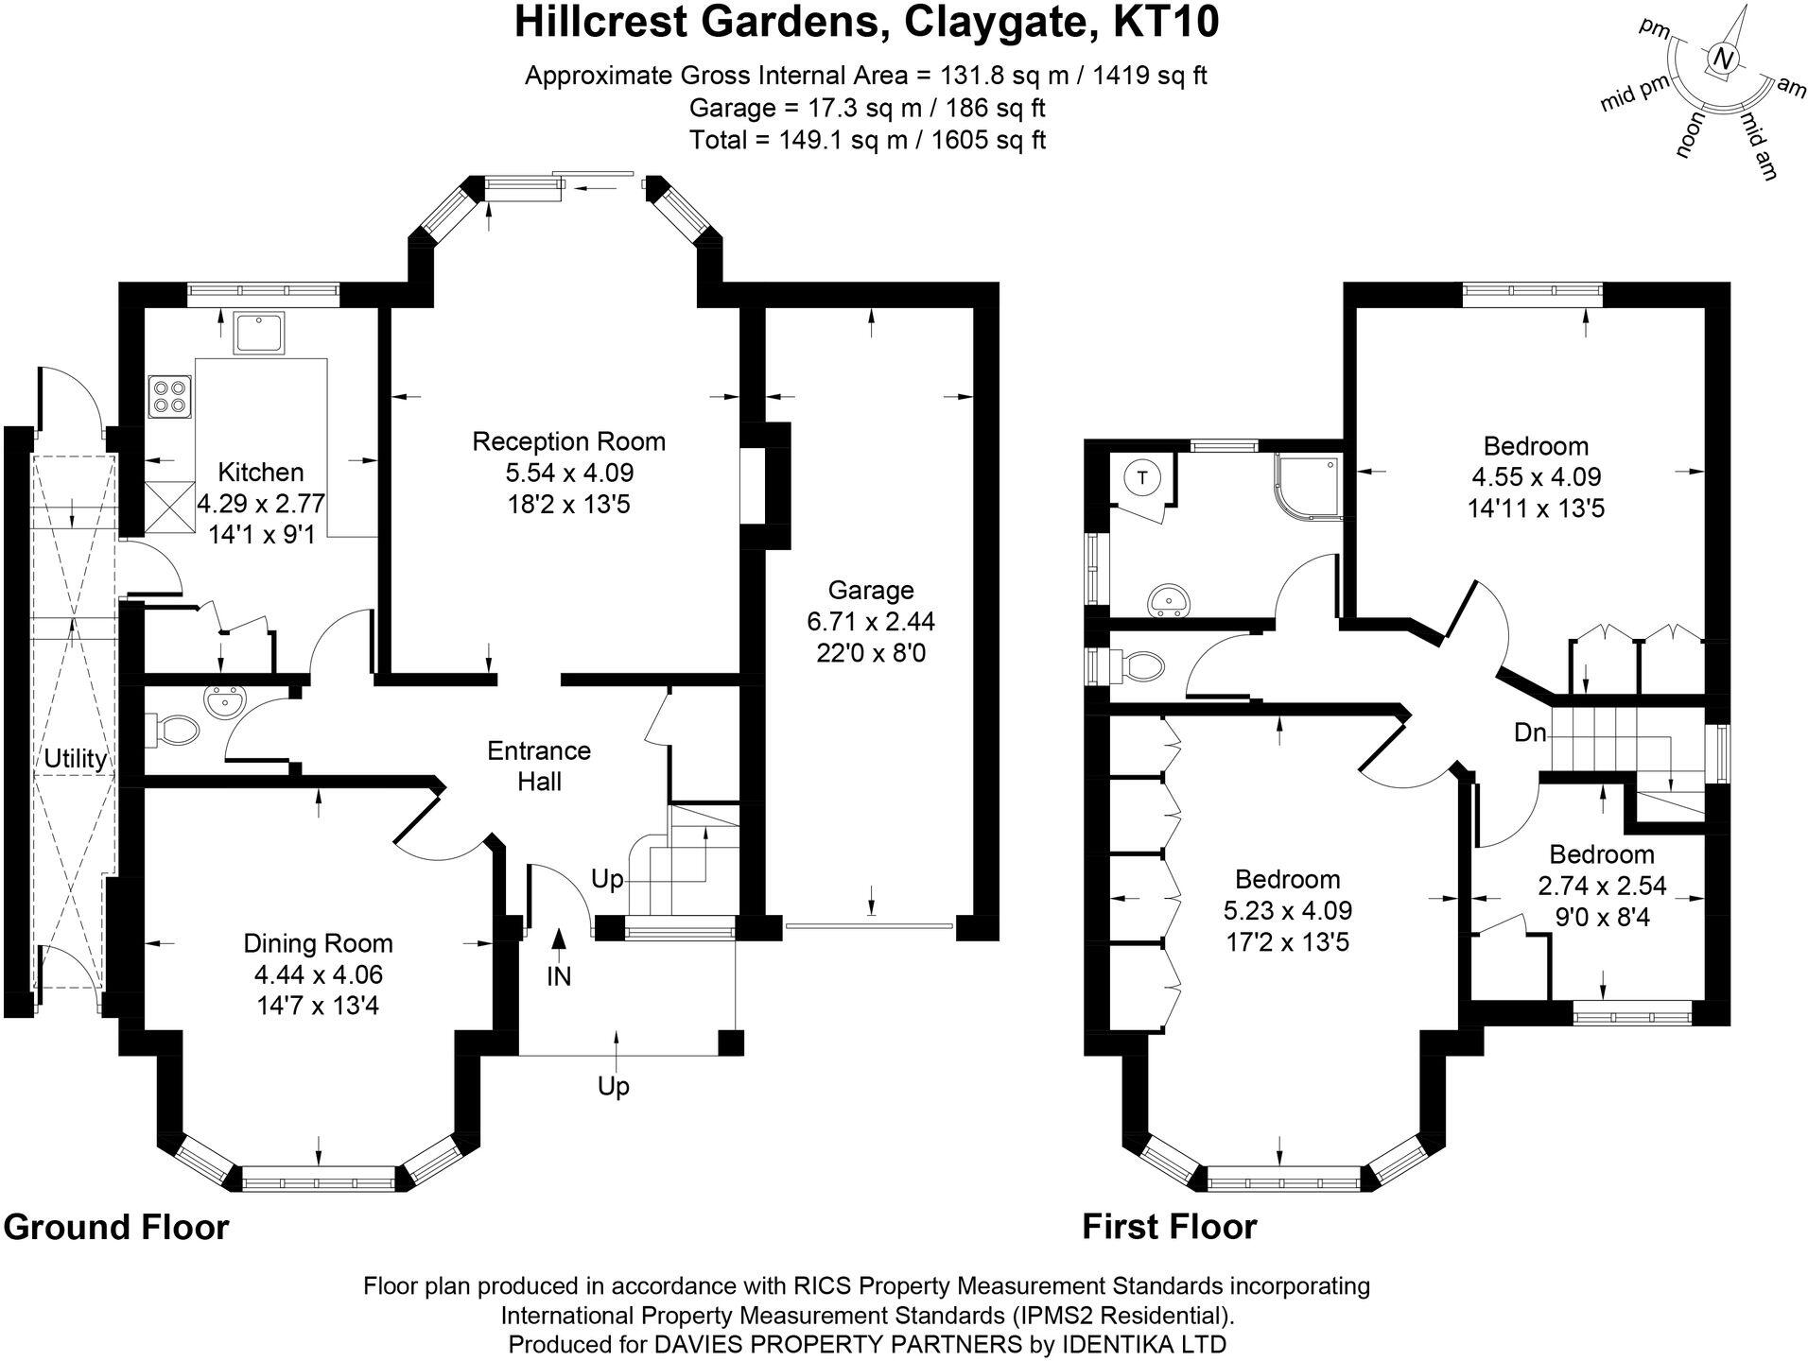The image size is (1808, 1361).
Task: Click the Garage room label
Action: [870, 591]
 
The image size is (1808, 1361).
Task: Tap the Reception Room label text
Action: [568, 441]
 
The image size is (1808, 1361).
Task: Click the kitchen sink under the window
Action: [259, 333]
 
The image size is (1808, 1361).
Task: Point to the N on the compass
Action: [1724, 60]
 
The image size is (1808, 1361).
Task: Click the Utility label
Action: [76, 758]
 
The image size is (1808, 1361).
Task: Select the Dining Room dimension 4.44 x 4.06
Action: [318, 974]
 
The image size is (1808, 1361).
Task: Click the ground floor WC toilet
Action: [174, 730]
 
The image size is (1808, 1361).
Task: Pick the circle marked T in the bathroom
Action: [1143, 478]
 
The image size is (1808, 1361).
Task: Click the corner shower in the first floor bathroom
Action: [1308, 487]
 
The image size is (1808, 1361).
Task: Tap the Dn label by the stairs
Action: [1529, 732]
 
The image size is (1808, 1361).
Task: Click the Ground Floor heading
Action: [116, 1227]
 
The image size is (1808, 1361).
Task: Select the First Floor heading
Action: [1169, 1227]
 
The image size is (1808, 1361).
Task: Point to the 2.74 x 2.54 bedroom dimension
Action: [1602, 886]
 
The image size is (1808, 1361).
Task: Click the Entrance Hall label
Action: [539, 766]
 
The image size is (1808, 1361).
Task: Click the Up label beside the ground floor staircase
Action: [607, 879]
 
